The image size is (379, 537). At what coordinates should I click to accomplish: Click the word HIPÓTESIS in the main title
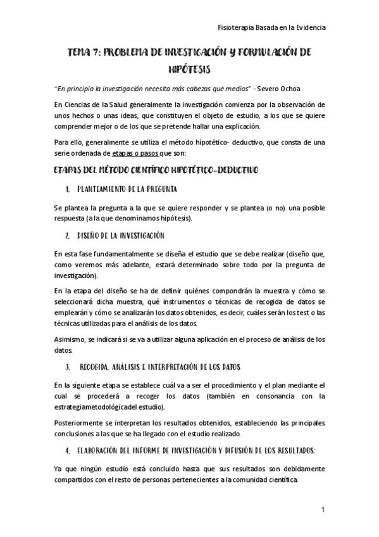189,67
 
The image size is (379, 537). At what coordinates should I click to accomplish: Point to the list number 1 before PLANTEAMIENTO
67,189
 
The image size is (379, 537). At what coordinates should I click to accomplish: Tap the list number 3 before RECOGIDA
67,367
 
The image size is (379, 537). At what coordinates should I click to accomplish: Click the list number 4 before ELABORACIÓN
67,451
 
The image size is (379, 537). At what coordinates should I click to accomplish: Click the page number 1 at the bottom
323,510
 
